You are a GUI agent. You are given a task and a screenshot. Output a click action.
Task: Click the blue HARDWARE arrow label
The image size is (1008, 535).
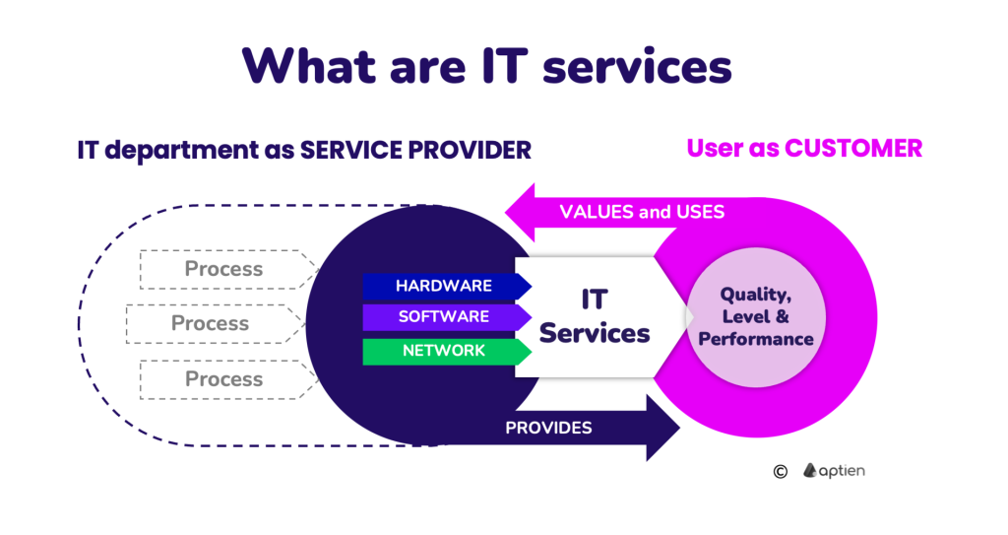point(444,286)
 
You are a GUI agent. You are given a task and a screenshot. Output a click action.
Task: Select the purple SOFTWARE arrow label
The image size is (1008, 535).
point(444,317)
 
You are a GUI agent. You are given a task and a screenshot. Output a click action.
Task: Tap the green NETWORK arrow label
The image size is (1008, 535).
point(444,351)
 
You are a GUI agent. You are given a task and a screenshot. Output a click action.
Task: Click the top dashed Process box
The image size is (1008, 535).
point(224,269)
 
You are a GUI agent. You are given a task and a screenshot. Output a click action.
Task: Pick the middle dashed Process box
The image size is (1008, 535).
point(211,323)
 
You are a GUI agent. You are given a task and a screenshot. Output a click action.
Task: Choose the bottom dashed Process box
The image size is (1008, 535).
point(224,379)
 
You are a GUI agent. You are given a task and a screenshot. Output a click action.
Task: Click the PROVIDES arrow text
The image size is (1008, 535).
point(548,428)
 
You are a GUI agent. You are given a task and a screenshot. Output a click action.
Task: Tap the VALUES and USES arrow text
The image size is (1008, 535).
point(642,212)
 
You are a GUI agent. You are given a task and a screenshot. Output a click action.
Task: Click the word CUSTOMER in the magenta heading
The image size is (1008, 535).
point(853,148)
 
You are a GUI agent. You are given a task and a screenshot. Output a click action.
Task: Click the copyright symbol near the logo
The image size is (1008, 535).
point(780,471)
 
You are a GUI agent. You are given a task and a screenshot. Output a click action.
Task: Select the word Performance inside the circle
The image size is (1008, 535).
point(755,339)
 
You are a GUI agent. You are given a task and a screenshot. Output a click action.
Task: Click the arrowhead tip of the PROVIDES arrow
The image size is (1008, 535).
point(678,428)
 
